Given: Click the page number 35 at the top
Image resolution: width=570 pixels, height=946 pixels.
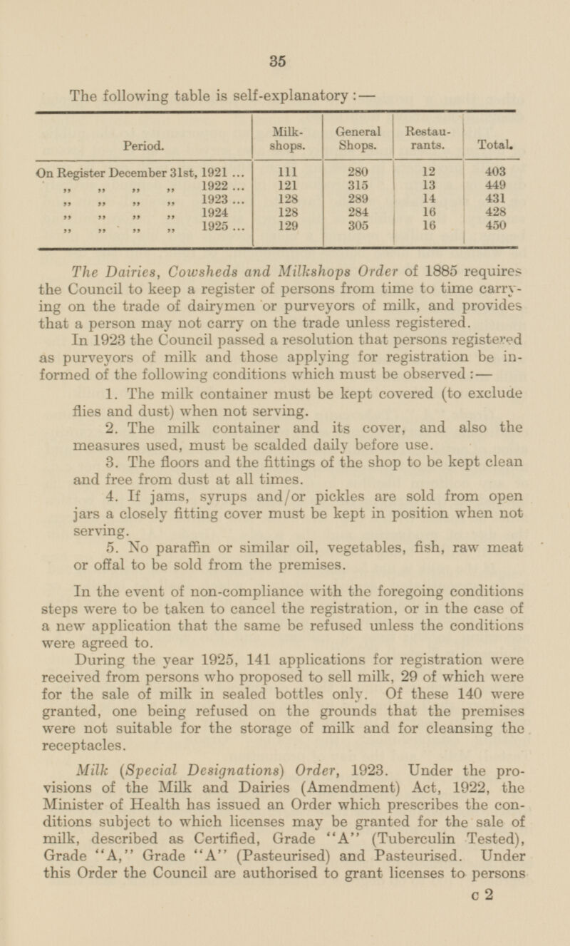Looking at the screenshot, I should (279, 61).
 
